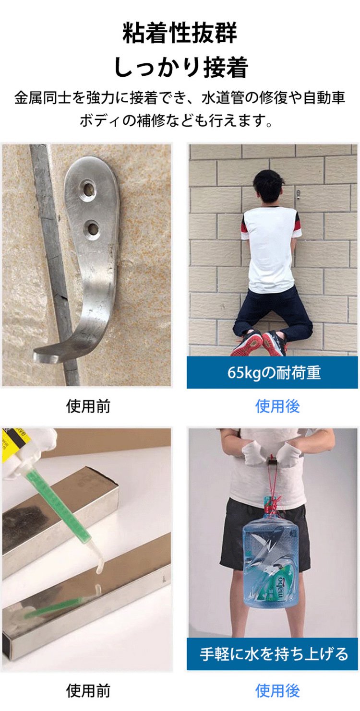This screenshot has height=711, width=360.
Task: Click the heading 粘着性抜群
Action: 180,33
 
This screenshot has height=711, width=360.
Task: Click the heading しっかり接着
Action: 181,67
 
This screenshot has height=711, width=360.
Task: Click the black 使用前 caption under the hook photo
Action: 88,406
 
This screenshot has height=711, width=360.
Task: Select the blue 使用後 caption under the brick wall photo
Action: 277,406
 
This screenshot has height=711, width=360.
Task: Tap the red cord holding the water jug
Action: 274,486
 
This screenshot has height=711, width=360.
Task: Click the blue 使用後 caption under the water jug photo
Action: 277,690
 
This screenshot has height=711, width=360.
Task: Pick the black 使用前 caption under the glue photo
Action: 88,690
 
